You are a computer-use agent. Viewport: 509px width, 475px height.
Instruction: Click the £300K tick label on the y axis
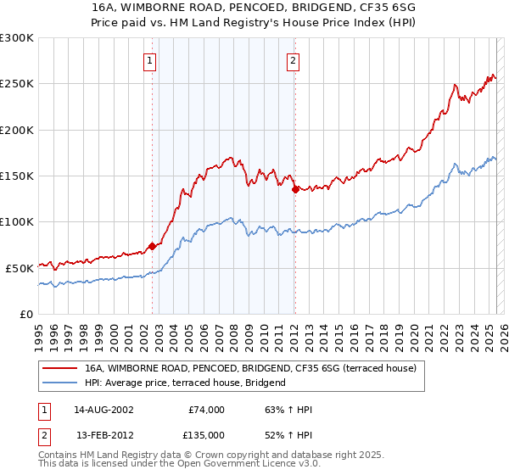pos(17,38)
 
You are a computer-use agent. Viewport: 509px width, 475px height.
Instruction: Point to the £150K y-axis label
pos(17,176)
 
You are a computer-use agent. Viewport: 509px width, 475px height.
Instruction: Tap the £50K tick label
pos(20,268)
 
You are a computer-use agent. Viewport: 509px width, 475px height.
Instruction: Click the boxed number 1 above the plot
pos(150,60)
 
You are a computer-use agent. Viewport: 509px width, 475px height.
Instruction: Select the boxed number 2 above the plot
pos(293,60)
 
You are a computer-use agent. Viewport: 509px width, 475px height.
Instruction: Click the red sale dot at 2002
pos(153,246)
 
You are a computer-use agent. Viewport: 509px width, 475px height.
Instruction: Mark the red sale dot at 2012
pos(295,190)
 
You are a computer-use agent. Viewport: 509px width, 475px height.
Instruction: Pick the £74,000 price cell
pos(205,410)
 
